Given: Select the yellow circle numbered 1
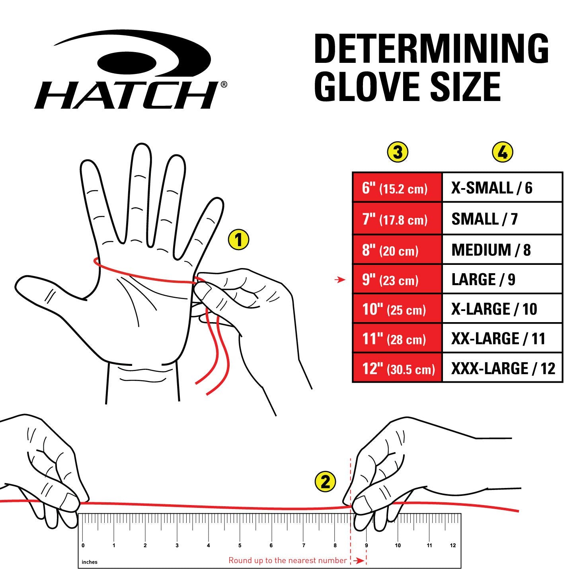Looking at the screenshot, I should pos(238,240).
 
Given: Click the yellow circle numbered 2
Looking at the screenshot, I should pos(325,482).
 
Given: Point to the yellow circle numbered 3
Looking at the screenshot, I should pos(398,152).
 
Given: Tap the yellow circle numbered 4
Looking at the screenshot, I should pos(503,152).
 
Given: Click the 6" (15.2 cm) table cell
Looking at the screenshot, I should pos(397,188).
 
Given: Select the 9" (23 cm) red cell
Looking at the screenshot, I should pos(397,280).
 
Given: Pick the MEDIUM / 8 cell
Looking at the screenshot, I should pos(502,250).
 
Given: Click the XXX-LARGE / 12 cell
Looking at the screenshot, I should pos(502,368).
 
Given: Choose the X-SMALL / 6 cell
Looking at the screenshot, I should pos(502,188).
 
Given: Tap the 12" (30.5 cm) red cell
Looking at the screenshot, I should pos(397,368).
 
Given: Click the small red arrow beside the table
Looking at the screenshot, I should pos(340,280).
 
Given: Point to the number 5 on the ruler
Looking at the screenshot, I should pos(240,545).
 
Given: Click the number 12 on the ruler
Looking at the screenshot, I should pos(453,545).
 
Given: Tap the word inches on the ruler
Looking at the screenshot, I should pos(90,562).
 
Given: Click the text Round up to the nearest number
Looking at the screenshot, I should pos(287,560).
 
